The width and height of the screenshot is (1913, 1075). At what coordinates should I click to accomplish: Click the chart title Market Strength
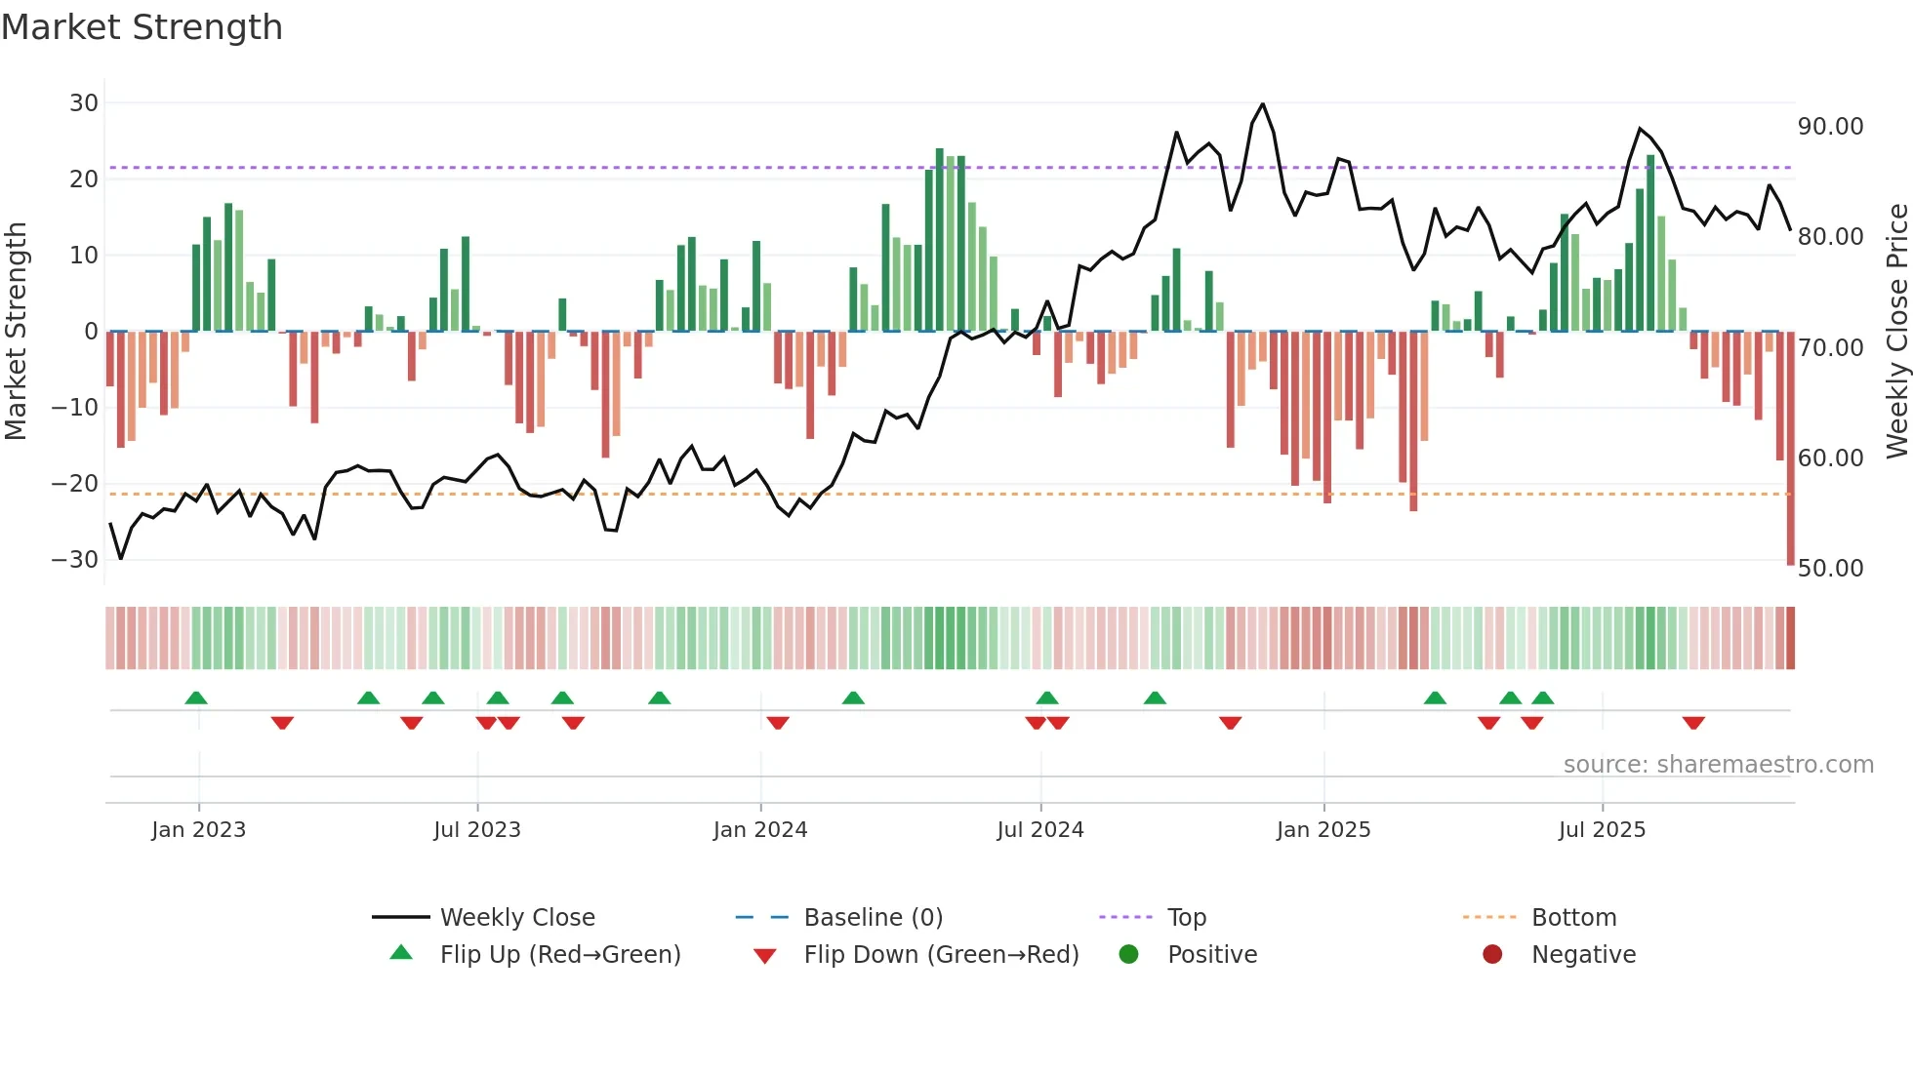142,27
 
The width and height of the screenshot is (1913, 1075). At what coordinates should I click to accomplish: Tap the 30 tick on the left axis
84,103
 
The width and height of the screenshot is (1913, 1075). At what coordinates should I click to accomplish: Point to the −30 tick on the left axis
75,560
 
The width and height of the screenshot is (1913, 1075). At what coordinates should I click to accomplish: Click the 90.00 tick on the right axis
1830,127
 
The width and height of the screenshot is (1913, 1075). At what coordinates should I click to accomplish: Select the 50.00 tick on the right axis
1830,569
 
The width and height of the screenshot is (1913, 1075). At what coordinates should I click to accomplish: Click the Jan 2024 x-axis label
760,830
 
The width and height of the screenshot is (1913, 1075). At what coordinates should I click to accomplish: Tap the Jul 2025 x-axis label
1602,830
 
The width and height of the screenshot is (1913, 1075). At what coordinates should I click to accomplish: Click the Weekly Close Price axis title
1896,332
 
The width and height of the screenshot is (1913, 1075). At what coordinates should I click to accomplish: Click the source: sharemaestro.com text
1718,765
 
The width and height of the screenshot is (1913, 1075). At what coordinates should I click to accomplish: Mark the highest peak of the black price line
1263,104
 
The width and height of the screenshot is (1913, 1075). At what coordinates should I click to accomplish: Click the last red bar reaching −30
1790,449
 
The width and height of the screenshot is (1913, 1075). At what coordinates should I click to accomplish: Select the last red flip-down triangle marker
1693,723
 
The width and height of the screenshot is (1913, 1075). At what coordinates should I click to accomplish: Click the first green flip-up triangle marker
196,697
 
